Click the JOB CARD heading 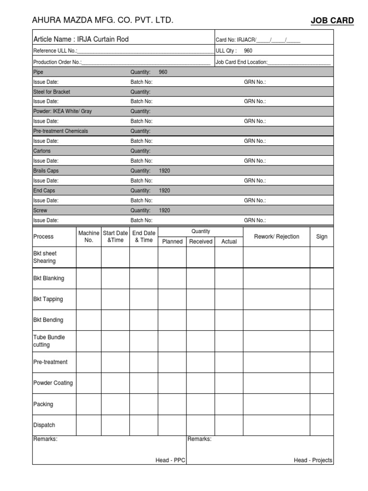[x=333, y=21]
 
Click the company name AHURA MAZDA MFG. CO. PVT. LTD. [x=103, y=20]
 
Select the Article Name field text [x=80, y=39]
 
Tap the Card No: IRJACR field [x=258, y=40]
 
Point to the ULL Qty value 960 [x=248, y=50]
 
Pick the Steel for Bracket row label [x=52, y=92]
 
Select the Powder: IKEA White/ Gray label [x=62, y=111]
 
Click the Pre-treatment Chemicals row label [x=60, y=131]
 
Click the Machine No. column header [x=89, y=236]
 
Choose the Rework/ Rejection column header [x=276, y=236]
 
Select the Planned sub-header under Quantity [x=172, y=242]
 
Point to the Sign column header [x=322, y=236]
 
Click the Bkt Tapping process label [x=48, y=299]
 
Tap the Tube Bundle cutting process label [x=49, y=341]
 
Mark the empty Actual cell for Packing [x=229, y=404]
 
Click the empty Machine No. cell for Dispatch [x=89, y=425]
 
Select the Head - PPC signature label [x=170, y=460]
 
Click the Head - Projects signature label [x=312, y=460]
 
